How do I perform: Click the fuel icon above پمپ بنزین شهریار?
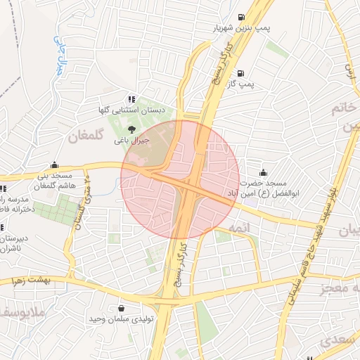coord(242,18)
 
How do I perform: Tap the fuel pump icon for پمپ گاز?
coord(241,73)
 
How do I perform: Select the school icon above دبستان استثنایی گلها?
coord(131,100)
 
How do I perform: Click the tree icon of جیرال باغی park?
coord(131,129)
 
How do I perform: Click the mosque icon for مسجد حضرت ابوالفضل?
coord(264,173)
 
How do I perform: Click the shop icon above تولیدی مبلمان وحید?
coord(122,308)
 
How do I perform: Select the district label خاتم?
coord(346,110)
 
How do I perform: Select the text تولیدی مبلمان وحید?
coord(115,319)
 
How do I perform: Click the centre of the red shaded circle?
coord(180,179)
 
